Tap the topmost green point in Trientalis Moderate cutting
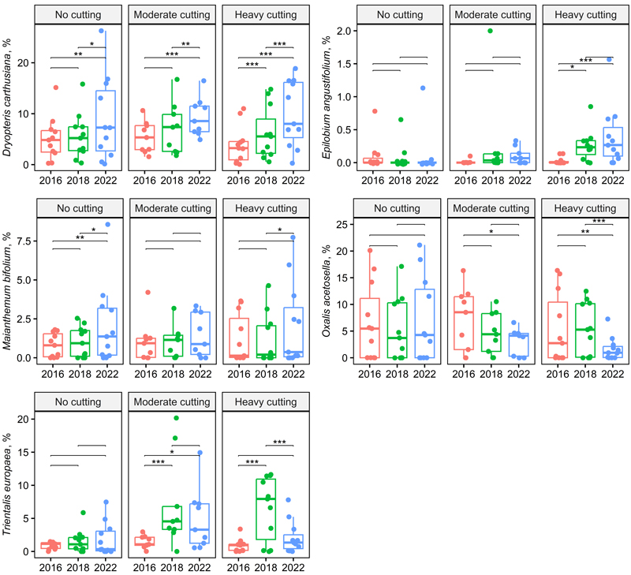176,418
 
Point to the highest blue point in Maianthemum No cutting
107,225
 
